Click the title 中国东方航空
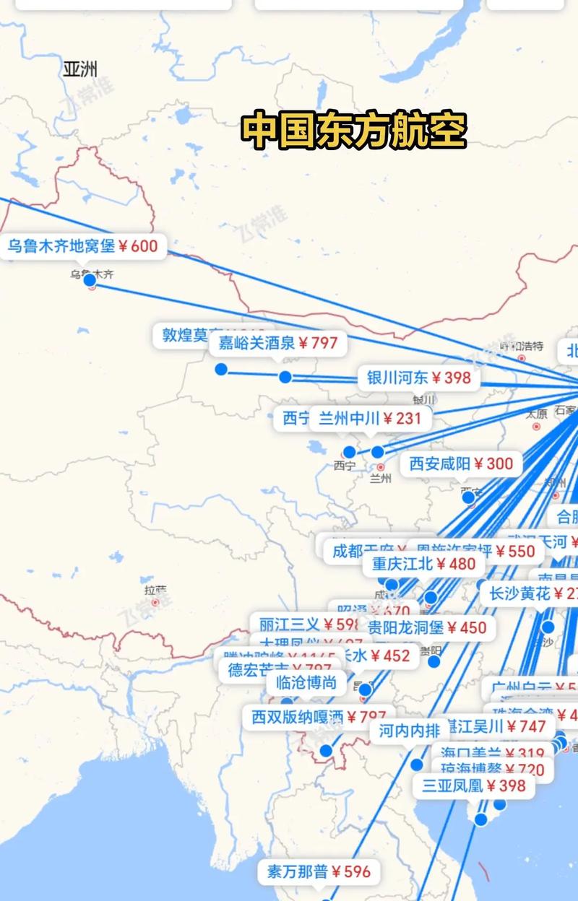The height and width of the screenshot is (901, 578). pos(353,130)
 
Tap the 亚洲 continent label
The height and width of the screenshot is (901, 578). pos(79,69)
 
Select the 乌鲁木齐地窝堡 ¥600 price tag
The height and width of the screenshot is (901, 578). pos(82,246)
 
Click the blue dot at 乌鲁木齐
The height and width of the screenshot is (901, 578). pos(90,280)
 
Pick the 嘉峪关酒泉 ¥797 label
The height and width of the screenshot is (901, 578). pos(278,343)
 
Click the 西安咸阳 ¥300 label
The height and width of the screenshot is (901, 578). pos(461,463)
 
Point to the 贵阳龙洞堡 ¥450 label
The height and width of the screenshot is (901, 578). pos(427,627)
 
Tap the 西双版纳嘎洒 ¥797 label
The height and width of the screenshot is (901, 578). pos(319,717)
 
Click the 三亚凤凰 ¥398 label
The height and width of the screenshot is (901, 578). pos(474,785)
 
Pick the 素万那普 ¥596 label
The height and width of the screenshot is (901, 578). pos(319,871)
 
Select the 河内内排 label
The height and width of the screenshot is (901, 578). pos(409,731)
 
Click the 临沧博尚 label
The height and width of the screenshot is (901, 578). pos(306,682)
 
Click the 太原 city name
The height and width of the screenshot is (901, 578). pos(536,414)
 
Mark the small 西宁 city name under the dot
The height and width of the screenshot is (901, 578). pos(345,466)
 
